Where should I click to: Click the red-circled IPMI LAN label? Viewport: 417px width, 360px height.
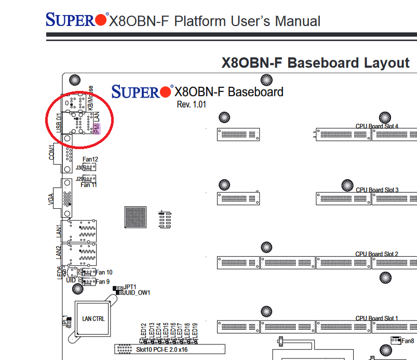[96, 123]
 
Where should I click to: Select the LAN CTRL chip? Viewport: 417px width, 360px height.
[93, 318]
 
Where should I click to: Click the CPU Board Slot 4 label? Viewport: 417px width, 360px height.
[377, 126]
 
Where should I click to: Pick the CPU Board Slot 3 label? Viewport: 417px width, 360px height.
[377, 190]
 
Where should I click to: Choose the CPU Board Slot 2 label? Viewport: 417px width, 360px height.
[377, 254]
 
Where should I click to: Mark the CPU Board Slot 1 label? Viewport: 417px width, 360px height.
[377, 318]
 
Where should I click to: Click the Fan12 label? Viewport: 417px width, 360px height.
[90, 159]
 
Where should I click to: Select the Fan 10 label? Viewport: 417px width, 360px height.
[104, 272]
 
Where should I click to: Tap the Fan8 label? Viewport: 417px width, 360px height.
[408, 341]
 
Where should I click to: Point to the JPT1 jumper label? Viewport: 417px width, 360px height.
[130, 287]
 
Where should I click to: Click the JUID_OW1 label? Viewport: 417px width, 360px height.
[137, 292]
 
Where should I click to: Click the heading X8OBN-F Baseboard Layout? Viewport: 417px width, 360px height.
[315, 63]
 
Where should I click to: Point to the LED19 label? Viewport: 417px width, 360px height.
[195, 329]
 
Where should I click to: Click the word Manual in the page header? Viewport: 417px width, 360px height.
[298, 21]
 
